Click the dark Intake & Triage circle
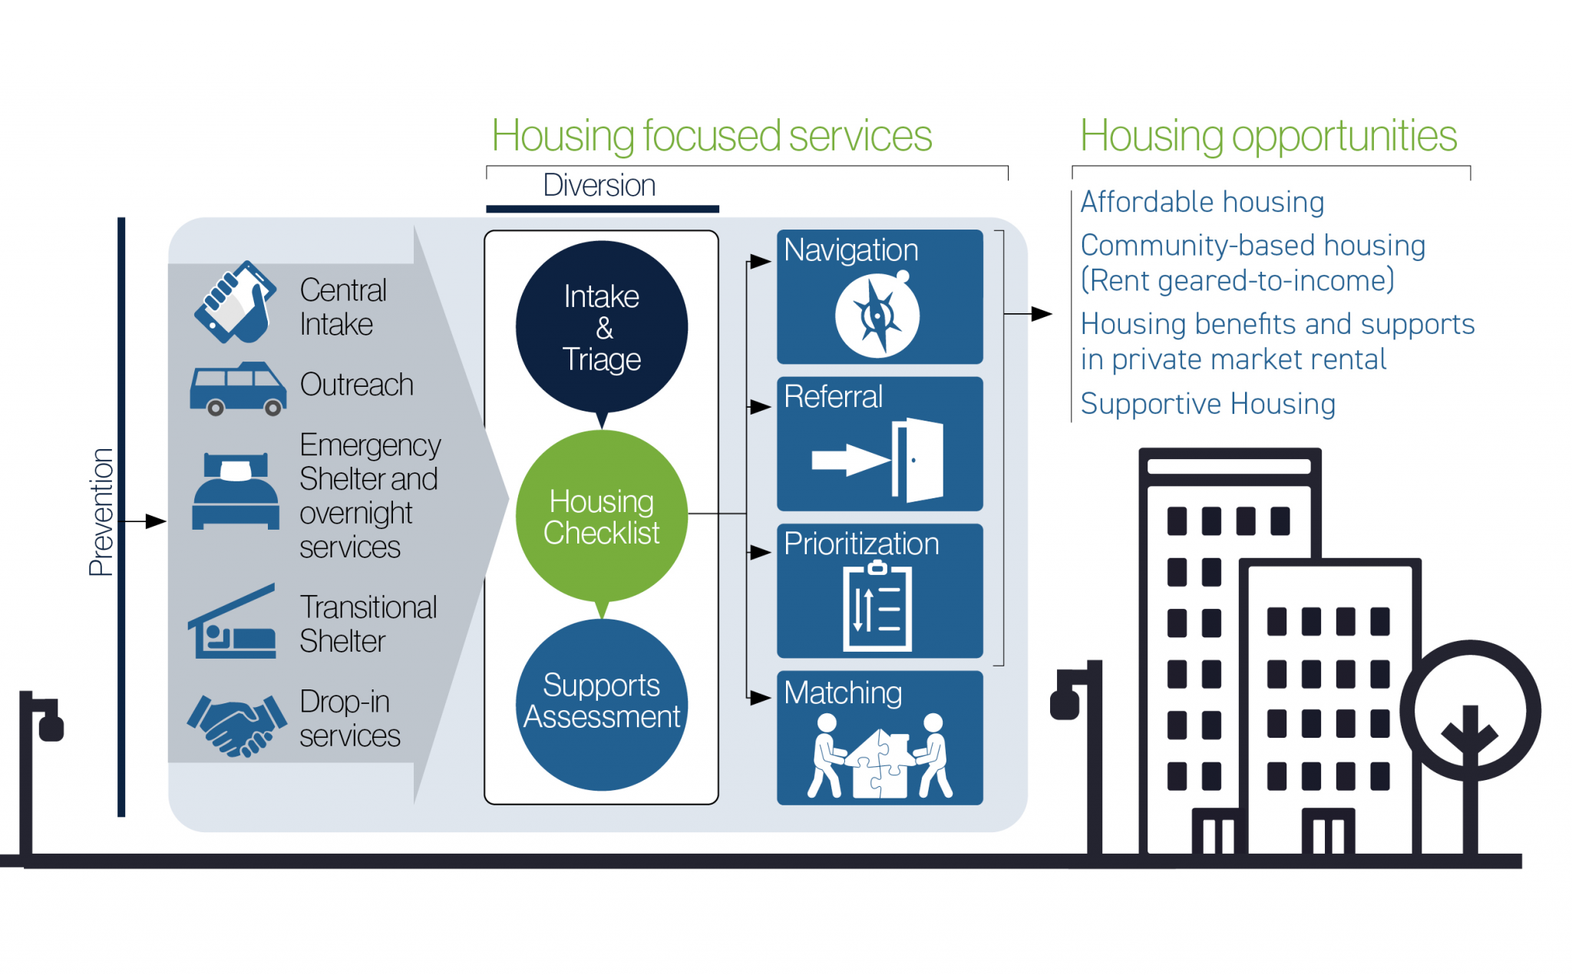(x=601, y=326)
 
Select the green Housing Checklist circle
(x=601, y=516)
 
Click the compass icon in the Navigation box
(x=877, y=316)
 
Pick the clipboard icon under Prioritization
(x=878, y=606)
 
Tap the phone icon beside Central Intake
(x=235, y=302)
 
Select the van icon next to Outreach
(x=238, y=388)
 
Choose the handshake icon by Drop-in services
(x=237, y=724)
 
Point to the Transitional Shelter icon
(x=233, y=623)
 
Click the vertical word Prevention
(x=101, y=512)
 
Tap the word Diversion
(x=599, y=186)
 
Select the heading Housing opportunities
(x=1268, y=137)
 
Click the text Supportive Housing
(x=1207, y=404)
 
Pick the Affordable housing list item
(x=1202, y=203)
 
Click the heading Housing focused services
(x=712, y=137)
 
